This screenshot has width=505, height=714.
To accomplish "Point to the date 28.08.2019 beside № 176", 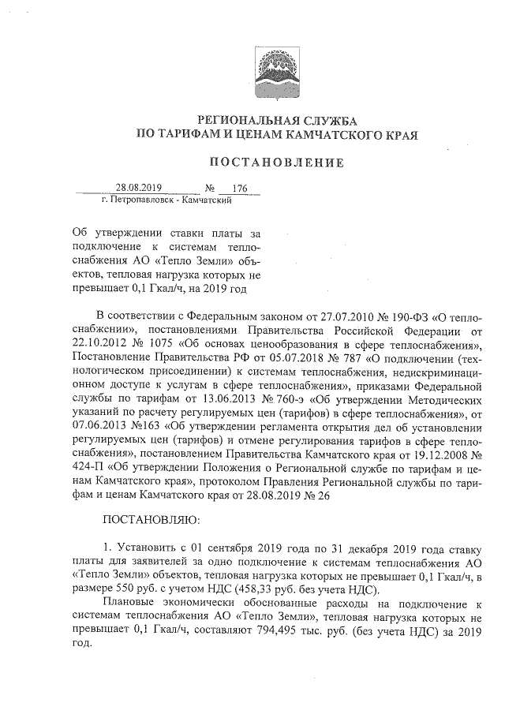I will tap(139, 188).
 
